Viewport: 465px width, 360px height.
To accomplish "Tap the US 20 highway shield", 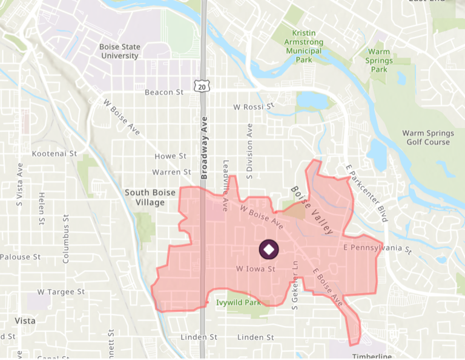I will tap(202, 87).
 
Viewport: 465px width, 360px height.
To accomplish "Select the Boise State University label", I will tap(119, 51).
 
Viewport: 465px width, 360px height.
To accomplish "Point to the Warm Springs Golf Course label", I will tap(427, 138).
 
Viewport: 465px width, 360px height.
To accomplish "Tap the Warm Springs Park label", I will tap(379, 61).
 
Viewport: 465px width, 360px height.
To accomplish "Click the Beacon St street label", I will tap(163, 92).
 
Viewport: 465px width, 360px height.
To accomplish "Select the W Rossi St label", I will tap(254, 107).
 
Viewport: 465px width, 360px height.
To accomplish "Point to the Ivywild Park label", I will tap(239, 302).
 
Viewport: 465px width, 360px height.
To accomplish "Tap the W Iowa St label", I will tap(256, 268).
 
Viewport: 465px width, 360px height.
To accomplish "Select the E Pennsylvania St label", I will tap(377, 248).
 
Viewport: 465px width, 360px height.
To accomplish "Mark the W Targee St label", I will tap(61, 292).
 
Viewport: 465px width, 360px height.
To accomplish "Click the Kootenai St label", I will tap(54, 154).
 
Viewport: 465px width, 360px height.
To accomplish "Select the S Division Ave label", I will tap(249, 152).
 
